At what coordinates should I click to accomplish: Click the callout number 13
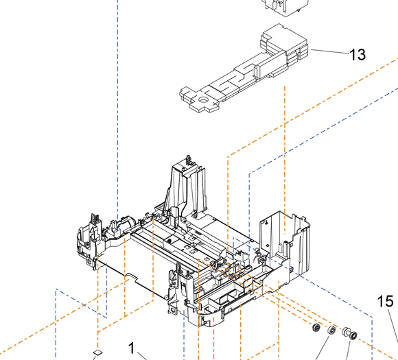358,54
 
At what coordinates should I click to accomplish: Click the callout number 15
385,301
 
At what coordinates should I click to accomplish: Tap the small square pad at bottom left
97,352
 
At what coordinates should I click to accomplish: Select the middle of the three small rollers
332,332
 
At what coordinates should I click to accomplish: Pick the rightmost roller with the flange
349,335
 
